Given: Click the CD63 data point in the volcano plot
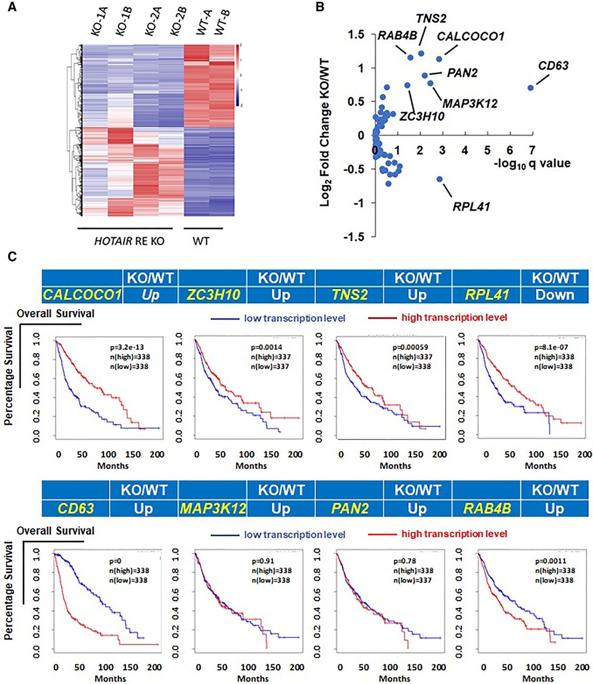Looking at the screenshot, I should click(531, 88).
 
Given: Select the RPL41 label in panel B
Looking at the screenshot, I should click(471, 206).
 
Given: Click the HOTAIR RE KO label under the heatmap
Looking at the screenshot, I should click(129, 242).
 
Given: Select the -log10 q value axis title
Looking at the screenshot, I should click(532, 164).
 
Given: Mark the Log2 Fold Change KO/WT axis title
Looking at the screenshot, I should click(326, 133).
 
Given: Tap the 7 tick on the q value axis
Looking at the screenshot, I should click(532, 151).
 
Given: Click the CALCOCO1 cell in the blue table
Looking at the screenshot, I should click(82, 295).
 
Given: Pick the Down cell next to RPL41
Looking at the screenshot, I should click(555, 295).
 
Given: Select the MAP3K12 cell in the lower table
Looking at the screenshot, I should click(212, 508).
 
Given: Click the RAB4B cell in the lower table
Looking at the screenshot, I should click(486, 508).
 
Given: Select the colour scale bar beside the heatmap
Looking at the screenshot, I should click(238, 75).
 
